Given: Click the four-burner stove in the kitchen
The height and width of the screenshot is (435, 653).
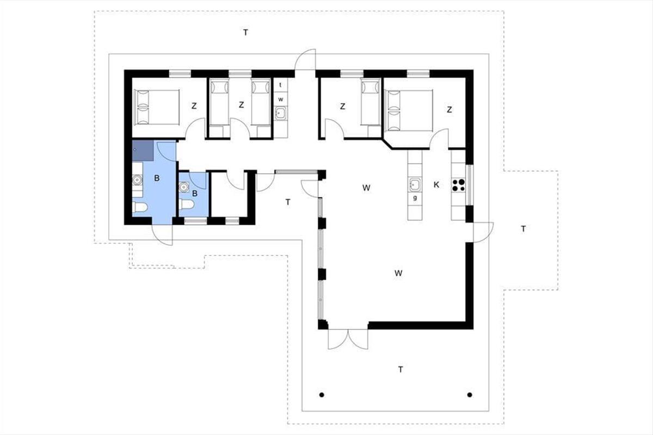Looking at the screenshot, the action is click(x=459, y=185).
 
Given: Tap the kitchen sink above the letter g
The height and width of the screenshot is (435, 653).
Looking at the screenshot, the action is click(x=415, y=185).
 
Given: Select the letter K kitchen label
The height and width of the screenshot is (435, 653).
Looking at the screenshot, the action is click(x=436, y=185).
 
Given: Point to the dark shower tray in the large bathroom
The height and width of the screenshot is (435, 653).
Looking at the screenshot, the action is click(x=143, y=150).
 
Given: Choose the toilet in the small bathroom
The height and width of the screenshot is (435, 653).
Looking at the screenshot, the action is click(x=187, y=204).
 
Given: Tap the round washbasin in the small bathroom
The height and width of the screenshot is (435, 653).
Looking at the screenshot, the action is click(x=184, y=187).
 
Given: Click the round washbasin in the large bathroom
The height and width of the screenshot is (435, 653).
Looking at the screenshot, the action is click(x=137, y=180).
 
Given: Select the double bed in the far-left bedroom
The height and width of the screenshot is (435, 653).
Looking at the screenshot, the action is click(x=157, y=107).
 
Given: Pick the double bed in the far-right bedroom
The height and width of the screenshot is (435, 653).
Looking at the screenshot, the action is click(x=409, y=110).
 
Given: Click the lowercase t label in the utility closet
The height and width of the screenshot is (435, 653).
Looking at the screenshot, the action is click(x=280, y=85).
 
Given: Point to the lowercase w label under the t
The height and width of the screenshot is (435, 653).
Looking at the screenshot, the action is click(x=280, y=100).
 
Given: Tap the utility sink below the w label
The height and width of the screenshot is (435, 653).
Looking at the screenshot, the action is click(x=281, y=113).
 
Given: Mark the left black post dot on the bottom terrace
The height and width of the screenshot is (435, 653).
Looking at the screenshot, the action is click(x=322, y=395).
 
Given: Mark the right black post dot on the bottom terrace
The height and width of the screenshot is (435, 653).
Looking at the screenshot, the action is click(x=470, y=395).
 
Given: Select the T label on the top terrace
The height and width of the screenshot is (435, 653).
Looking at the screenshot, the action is click(x=245, y=33).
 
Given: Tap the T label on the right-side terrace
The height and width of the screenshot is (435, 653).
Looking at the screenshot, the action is click(x=523, y=229).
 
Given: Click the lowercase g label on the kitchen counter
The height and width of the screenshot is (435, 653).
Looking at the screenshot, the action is click(x=415, y=198).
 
